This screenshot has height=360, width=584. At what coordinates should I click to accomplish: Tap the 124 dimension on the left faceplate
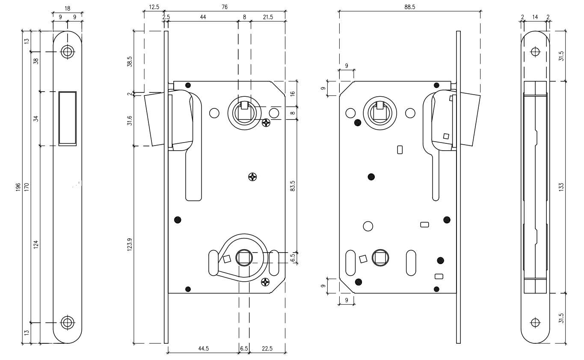point(36,244)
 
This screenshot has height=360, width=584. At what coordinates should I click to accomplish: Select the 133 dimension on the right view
point(561,187)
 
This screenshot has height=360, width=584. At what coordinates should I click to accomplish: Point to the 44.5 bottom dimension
point(203,348)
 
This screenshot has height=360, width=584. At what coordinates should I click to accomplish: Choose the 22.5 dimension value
point(267,348)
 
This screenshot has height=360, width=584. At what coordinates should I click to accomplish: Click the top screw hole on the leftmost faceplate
point(67,52)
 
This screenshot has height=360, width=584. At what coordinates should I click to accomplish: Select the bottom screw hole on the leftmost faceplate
point(67,322)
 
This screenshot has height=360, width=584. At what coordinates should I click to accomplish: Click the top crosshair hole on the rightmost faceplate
point(534,52)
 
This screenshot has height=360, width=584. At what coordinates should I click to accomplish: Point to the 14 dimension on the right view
point(535,17)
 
